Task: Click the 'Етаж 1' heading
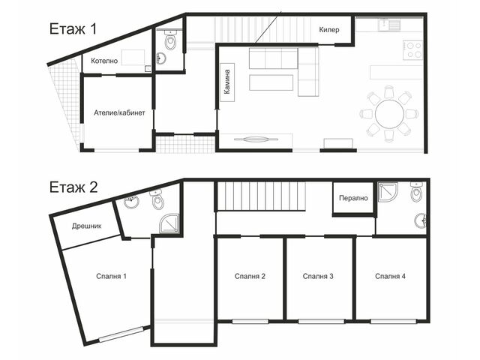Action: point(73,29)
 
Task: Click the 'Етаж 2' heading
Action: point(73,187)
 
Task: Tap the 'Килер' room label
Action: point(329,30)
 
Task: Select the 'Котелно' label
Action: point(104,61)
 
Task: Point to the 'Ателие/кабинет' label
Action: point(119,112)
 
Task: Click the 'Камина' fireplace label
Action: point(226,82)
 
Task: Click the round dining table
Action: point(389,114)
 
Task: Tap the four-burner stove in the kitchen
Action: point(412,50)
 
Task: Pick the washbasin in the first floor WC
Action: point(161,58)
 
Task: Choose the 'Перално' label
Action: point(353,198)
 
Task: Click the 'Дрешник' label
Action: point(87,226)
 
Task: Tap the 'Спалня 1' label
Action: point(111,277)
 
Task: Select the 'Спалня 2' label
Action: point(250,277)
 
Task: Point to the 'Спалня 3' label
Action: point(318,277)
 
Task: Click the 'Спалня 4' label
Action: point(390,277)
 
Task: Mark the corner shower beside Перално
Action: point(388,192)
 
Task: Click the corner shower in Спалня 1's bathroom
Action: point(169,223)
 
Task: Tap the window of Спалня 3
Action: point(322,322)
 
